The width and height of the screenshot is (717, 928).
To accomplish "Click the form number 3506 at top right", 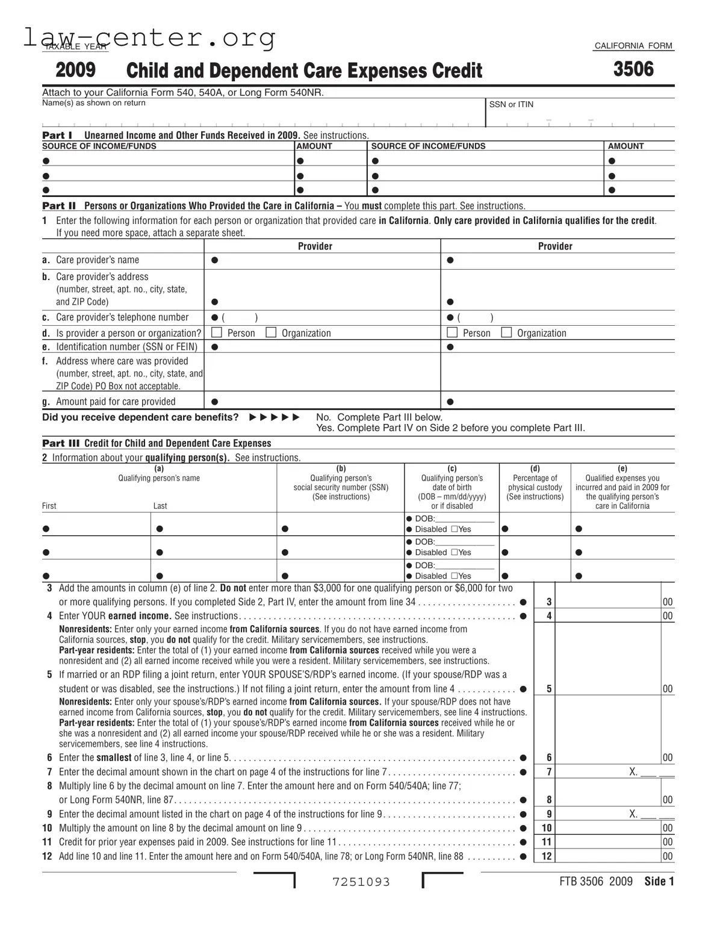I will tap(633, 69).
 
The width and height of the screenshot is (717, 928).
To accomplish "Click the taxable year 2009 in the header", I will tap(75, 70).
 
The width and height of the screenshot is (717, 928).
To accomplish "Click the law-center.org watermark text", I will tap(149, 37).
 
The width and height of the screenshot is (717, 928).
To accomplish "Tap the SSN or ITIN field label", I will tap(511, 104).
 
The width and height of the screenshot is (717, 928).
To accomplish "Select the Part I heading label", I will tap(57, 135).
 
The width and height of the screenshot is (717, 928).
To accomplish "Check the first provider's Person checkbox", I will tap(217, 332).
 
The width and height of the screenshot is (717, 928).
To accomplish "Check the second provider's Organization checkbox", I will tap(507, 332).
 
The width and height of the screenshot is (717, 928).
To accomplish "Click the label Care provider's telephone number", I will tap(122, 317).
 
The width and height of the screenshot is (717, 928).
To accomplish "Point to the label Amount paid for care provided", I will tap(116, 402).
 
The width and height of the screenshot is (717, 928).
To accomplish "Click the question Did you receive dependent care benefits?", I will tap(140, 417).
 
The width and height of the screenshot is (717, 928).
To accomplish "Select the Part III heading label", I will tap(61, 443).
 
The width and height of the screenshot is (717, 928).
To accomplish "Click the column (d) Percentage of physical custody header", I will tap(535, 483).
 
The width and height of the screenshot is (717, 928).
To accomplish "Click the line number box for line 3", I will tap(548, 602).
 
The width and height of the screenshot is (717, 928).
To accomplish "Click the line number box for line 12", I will tap(546, 856).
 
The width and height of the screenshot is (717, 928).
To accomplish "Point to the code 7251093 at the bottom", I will tap(361, 882).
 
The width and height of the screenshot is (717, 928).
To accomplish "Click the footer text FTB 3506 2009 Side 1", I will tap(616, 882).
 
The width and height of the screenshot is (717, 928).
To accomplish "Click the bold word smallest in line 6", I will tap(114, 758).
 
